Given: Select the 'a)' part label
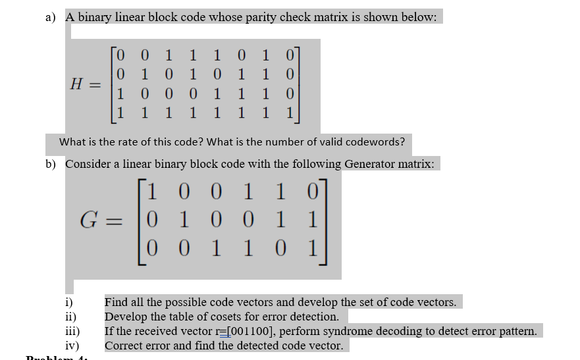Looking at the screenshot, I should [x=51, y=17].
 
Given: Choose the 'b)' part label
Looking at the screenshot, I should [x=51, y=164].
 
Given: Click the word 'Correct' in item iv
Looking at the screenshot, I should [x=125, y=346].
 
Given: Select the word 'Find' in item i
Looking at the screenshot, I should [x=117, y=302].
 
